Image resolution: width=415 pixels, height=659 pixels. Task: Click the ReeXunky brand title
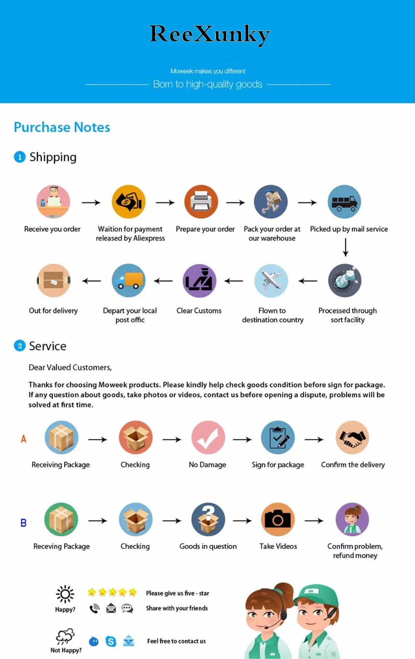(x=209, y=34)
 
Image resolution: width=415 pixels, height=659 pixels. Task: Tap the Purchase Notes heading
(x=62, y=127)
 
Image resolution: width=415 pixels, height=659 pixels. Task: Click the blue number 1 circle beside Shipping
(x=20, y=157)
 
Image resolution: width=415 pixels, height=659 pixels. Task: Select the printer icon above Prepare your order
(x=201, y=202)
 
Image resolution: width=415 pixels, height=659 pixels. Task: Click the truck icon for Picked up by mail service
(x=344, y=202)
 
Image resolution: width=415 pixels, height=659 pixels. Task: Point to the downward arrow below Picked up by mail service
(x=345, y=248)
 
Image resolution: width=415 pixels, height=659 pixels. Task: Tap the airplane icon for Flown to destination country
(x=271, y=280)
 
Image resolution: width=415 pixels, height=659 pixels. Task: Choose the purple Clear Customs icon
(x=200, y=281)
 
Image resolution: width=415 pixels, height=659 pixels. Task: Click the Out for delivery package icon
(x=54, y=280)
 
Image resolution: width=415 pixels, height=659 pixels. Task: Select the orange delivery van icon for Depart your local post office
(x=129, y=280)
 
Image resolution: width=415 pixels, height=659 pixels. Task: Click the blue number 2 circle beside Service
(x=20, y=346)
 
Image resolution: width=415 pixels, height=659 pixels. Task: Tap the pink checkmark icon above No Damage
(x=208, y=438)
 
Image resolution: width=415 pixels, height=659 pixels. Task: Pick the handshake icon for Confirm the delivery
(x=352, y=438)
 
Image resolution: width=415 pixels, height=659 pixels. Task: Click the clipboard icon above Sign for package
(x=278, y=438)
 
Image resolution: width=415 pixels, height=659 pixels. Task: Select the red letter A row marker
(x=24, y=439)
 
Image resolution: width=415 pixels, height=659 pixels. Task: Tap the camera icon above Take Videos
(x=278, y=520)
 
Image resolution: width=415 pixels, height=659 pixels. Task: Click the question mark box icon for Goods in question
(x=208, y=520)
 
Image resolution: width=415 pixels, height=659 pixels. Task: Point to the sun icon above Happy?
(x=65, y=594)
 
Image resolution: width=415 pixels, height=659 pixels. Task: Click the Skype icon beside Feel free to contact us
(x=111, y=641)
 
